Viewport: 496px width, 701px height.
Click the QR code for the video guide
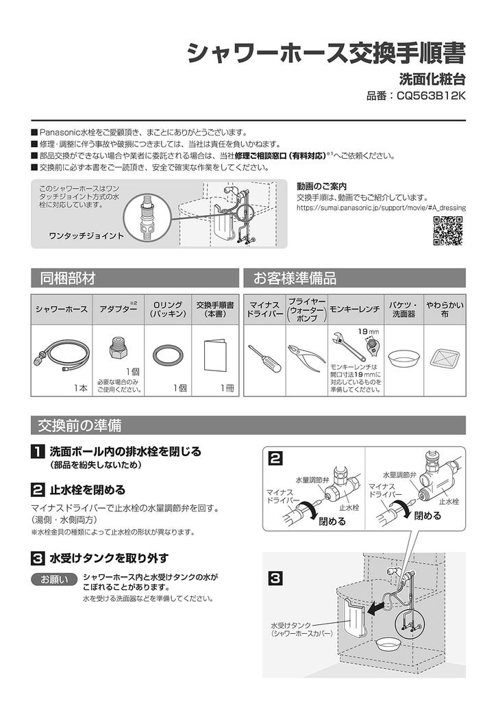pos(449,230)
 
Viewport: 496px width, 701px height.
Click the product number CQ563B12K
pos(416,97)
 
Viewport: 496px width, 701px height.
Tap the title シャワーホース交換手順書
pos(327,53)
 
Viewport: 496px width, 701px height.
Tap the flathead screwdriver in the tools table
pos(263,358)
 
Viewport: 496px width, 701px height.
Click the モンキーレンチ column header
pos(355,309)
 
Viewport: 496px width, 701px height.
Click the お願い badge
pos(54,581)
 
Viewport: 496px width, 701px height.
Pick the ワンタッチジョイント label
pos(86,235)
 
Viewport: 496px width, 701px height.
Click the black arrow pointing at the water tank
pos(376,607)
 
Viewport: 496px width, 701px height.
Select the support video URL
pos(381,207)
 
